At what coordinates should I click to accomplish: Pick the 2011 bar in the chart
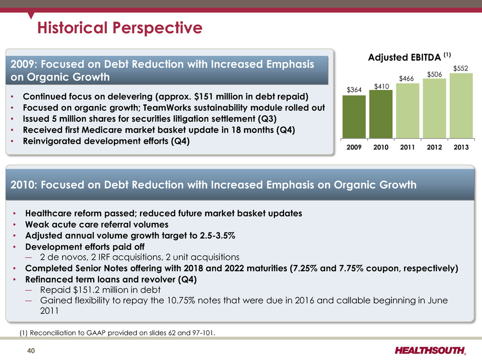(408, 111)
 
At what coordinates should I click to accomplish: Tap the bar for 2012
(434, 109)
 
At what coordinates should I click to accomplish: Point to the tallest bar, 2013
(461, 106)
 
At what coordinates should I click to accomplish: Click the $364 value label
(354, 90)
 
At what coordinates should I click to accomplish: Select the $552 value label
(461, 68)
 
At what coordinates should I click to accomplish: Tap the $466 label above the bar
(408, 78)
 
